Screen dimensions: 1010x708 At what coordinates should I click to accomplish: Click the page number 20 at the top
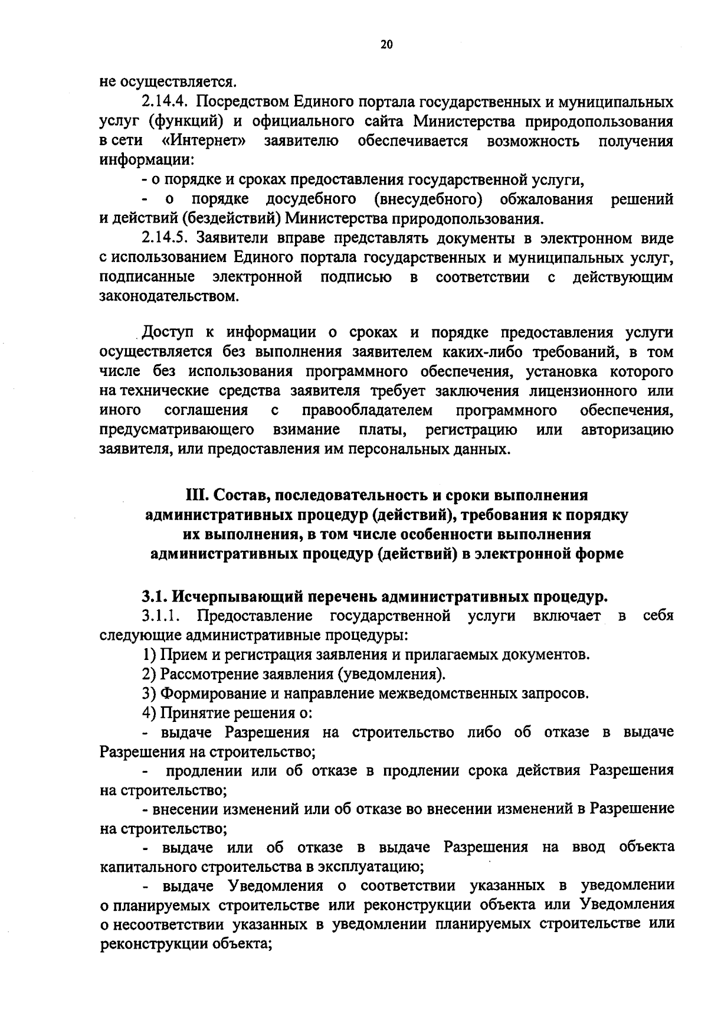[386, 45]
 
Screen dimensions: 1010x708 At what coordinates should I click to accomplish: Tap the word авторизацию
[627, 430]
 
